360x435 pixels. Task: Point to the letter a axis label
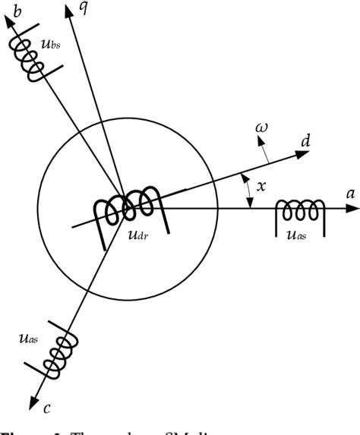(350, 194)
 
